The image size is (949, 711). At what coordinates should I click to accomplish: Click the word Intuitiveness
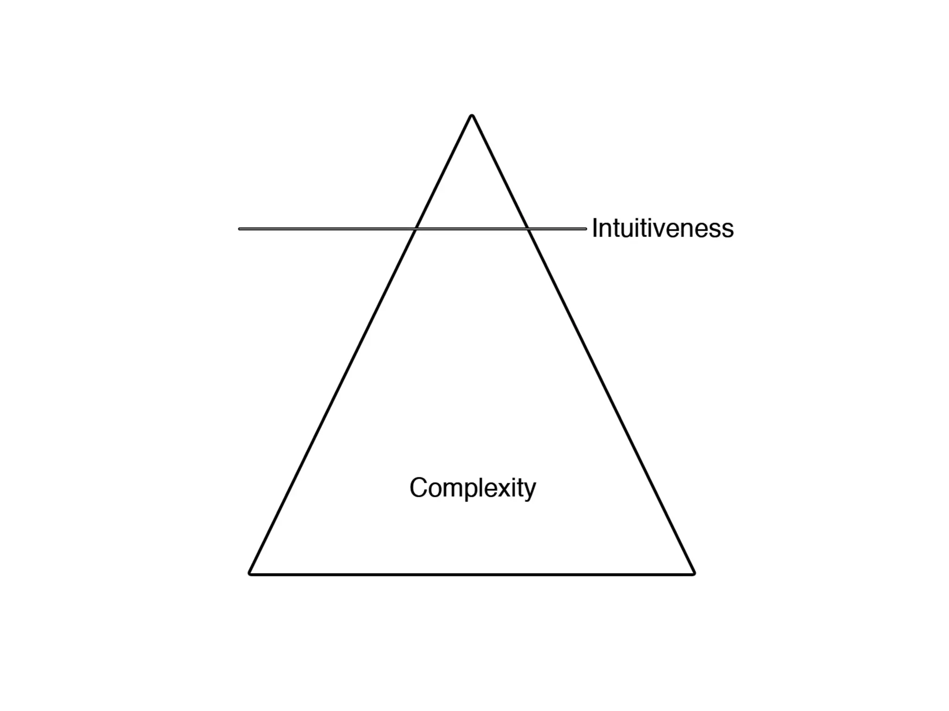coord(663,229)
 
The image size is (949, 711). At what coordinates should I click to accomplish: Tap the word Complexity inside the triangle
coord(473,488)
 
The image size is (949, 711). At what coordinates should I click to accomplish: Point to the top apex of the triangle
coord(472,116)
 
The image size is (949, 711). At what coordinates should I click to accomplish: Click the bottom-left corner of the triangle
coord(250,574)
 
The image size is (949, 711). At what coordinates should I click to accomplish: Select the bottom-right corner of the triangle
coord(694,574)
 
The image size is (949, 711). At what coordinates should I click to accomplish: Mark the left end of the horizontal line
coord(240,229)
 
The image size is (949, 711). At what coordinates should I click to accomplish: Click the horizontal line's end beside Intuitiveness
coord(585,229)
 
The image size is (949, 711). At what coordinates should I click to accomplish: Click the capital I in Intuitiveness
coord(595,228)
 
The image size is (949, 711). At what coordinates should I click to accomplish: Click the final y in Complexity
coord(530,491)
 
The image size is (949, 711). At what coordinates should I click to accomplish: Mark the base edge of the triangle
coord(472,574)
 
